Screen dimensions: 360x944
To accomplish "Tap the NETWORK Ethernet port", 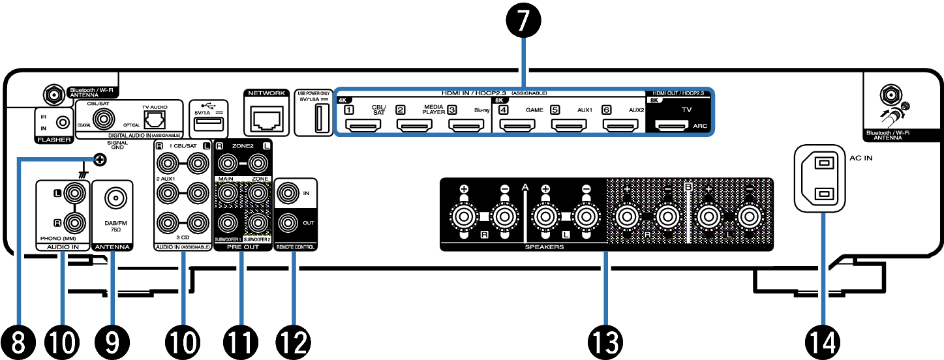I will click(x=265, y=117).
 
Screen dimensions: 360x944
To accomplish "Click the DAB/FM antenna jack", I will click(x=113, y=199).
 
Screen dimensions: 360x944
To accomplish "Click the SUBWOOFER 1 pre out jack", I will click(x=228, y=222).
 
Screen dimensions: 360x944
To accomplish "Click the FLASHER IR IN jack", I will click(x=63, y=121).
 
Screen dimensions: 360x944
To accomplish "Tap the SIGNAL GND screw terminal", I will click(x=99, y=158).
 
